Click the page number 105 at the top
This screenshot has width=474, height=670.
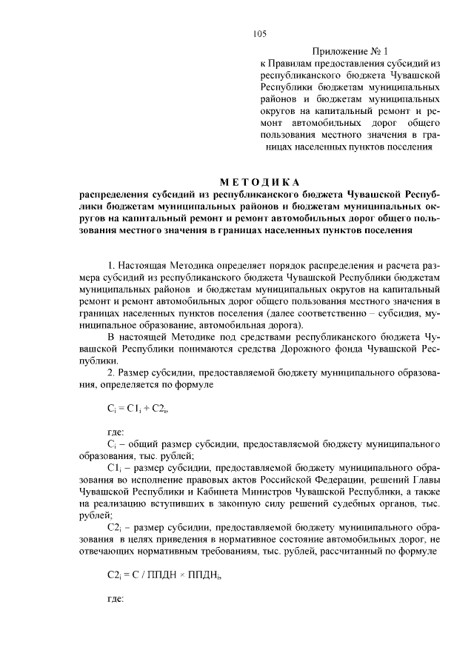(x=259, y=33)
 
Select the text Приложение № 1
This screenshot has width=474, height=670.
(x=347, y=53)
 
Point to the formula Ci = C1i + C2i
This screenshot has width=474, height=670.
(x=133, y=408)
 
